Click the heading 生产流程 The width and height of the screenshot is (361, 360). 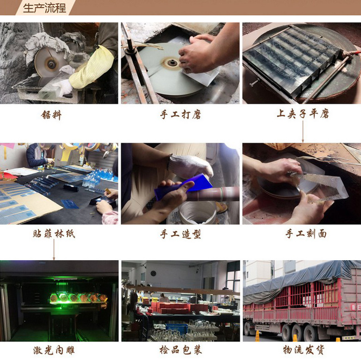[44, 8]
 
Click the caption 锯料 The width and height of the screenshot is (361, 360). [51, 115]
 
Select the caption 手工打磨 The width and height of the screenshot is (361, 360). [180, 115]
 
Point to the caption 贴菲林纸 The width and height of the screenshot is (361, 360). [54, 234]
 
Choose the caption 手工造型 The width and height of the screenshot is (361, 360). [180, 234]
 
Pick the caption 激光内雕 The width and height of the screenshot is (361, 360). [54, 350]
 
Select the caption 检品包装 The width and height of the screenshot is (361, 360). [180, 350]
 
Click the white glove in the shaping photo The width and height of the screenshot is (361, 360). [190, 165]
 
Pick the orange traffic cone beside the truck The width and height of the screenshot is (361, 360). [257, 336]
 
